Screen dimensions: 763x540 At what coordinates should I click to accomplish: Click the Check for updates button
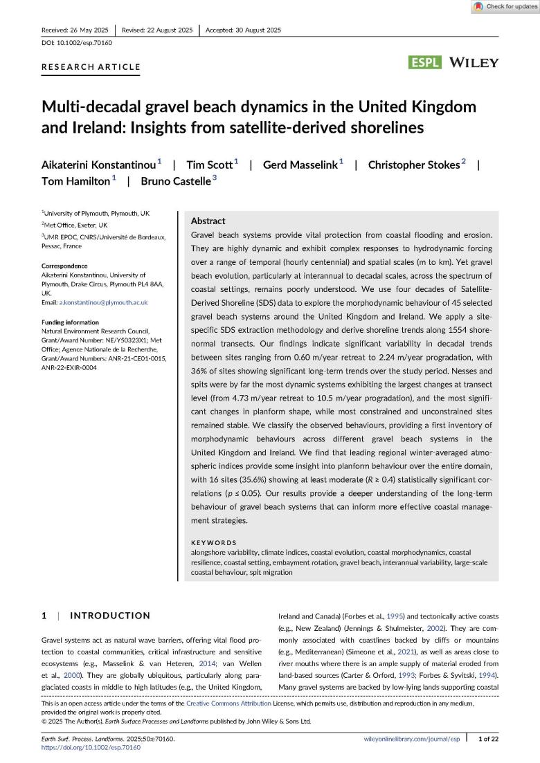point(505,7)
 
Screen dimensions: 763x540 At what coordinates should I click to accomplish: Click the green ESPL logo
point(426,62)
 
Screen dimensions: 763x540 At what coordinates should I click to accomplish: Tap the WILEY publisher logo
point(474,62)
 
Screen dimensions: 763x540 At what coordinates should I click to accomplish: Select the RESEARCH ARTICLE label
point(91,67)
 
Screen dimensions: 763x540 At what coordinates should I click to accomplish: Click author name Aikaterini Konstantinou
point(99,165)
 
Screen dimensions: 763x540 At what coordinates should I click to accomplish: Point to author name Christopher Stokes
point(413,165)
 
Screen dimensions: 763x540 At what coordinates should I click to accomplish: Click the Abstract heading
point(208,221)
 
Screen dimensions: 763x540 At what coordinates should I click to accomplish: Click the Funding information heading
point(70,322)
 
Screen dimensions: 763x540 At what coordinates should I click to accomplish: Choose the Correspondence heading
point(64,266)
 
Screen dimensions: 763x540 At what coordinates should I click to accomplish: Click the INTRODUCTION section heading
point(110,616)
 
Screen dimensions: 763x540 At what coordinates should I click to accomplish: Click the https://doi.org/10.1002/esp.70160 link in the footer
point(87,748)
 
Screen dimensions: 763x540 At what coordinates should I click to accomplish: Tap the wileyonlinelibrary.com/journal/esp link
point(411,739)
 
